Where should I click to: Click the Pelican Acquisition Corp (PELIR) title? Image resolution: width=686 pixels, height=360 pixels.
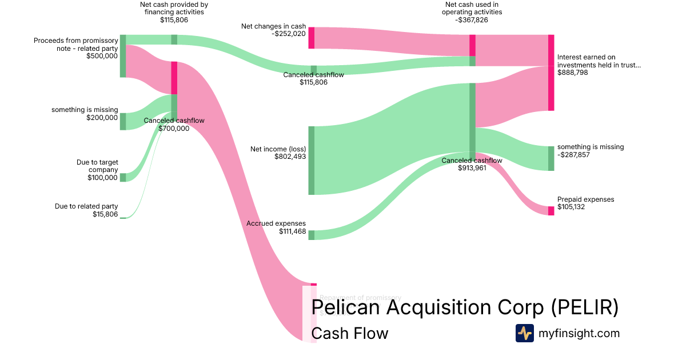(x=465, y=307)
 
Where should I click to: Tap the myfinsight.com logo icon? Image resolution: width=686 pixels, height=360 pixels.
(x=524, y=333)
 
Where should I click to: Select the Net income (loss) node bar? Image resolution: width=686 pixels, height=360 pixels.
(x=312, y=161)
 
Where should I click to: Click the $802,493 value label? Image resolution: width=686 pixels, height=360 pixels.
(x=290, y=157)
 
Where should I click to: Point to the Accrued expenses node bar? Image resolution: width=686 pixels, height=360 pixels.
(x=312, y=235)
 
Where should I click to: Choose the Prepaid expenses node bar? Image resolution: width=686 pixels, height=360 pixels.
(x=551, y=211)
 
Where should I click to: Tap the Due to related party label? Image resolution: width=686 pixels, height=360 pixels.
(x=86, y=206)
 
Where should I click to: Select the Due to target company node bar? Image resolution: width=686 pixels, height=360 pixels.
(x=123, y=177)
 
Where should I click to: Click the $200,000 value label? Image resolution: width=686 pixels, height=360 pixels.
(x=102, y=118)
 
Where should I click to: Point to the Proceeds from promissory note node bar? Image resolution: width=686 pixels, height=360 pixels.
(x=123, y=56)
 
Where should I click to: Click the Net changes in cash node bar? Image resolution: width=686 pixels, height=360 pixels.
(x=312, y=38)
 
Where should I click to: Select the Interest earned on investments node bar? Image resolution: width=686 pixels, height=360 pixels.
(x=551, y=73)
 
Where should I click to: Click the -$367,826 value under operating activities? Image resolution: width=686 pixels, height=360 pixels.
(x=472, y=19)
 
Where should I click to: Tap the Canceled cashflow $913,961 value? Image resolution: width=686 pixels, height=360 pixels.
(x=472, y=168)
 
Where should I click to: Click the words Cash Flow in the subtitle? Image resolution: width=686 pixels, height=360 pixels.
(x=350, y=333)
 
